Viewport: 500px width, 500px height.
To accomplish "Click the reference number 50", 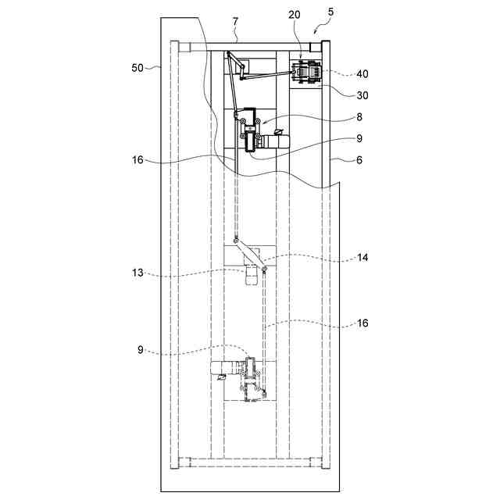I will coord(137,68).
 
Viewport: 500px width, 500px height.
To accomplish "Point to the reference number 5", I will coord(330,12).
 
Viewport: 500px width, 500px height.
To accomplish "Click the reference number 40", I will coord(341,74).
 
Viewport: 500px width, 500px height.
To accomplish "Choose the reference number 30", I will coord(341,95).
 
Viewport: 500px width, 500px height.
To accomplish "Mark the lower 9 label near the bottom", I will coord(141,351).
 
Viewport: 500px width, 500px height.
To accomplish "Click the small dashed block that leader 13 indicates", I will coord(251,276).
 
